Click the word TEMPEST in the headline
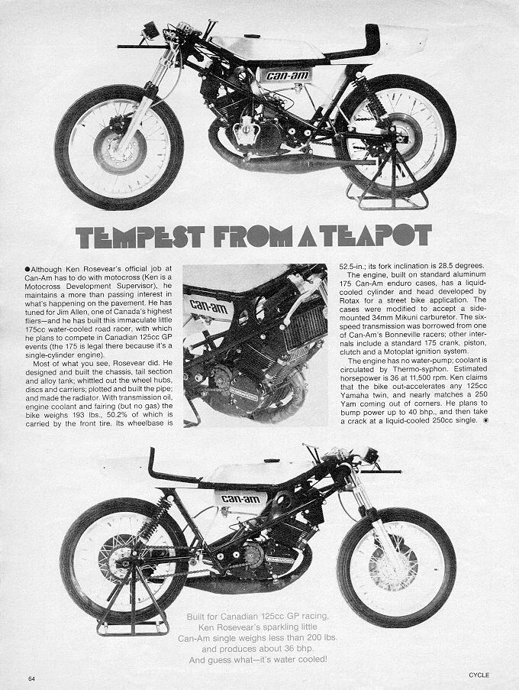[140, 236]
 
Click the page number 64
[31, 678]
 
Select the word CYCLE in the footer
[479, 675]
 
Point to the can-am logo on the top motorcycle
[288, 75]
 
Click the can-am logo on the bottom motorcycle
[241, 498]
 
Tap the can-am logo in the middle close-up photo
[208, 306]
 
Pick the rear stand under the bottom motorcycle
[133, 604]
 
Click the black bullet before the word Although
[27, 268]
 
